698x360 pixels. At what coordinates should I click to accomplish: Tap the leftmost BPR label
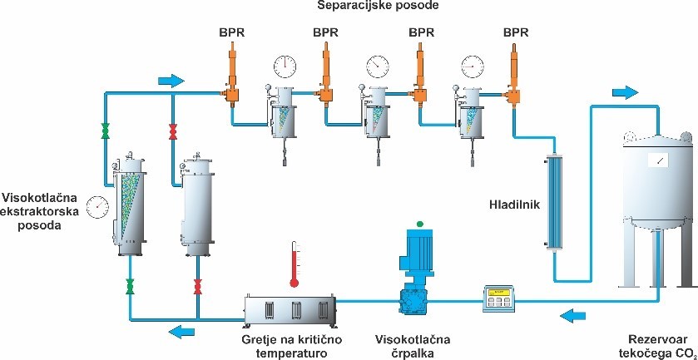[x=231, y=32]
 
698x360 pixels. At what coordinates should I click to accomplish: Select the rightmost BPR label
[x=517, y=32]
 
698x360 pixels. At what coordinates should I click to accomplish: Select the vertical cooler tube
[x=550, y=200]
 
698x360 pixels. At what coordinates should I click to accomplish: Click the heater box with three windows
[x=292, y=308]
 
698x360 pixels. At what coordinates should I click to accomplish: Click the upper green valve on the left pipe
[x=105, y=131]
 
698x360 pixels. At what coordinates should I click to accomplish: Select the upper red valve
[x=173, y=131]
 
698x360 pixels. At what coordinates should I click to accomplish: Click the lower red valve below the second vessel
[x=198, y=288]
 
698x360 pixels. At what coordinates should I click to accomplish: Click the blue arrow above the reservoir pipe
[x=625, y=92]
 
